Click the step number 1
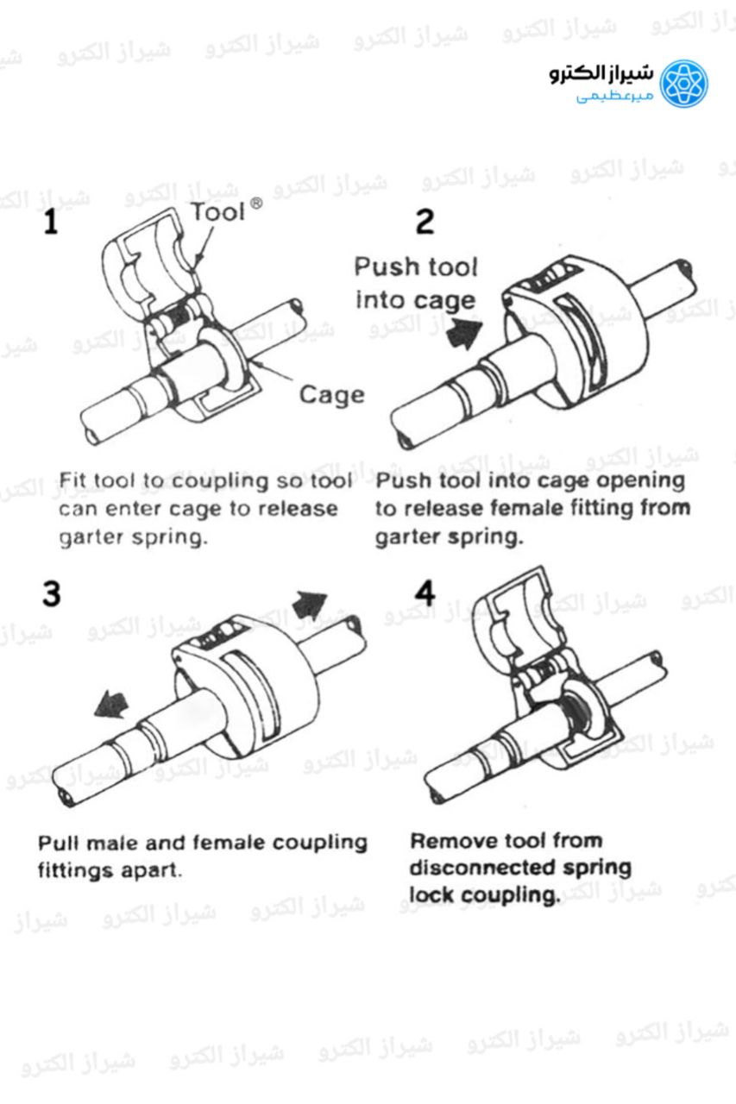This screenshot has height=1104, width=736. tap(52, 223)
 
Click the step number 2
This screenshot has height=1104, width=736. tap(425, 222)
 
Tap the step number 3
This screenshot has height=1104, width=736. tap(52, 593)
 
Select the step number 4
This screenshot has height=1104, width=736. tap(425, 593)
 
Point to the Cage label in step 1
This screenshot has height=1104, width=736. tap(331, 395)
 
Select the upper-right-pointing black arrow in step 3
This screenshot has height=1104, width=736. tap(309, 605)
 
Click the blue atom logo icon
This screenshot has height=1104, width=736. tap(683, 83)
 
